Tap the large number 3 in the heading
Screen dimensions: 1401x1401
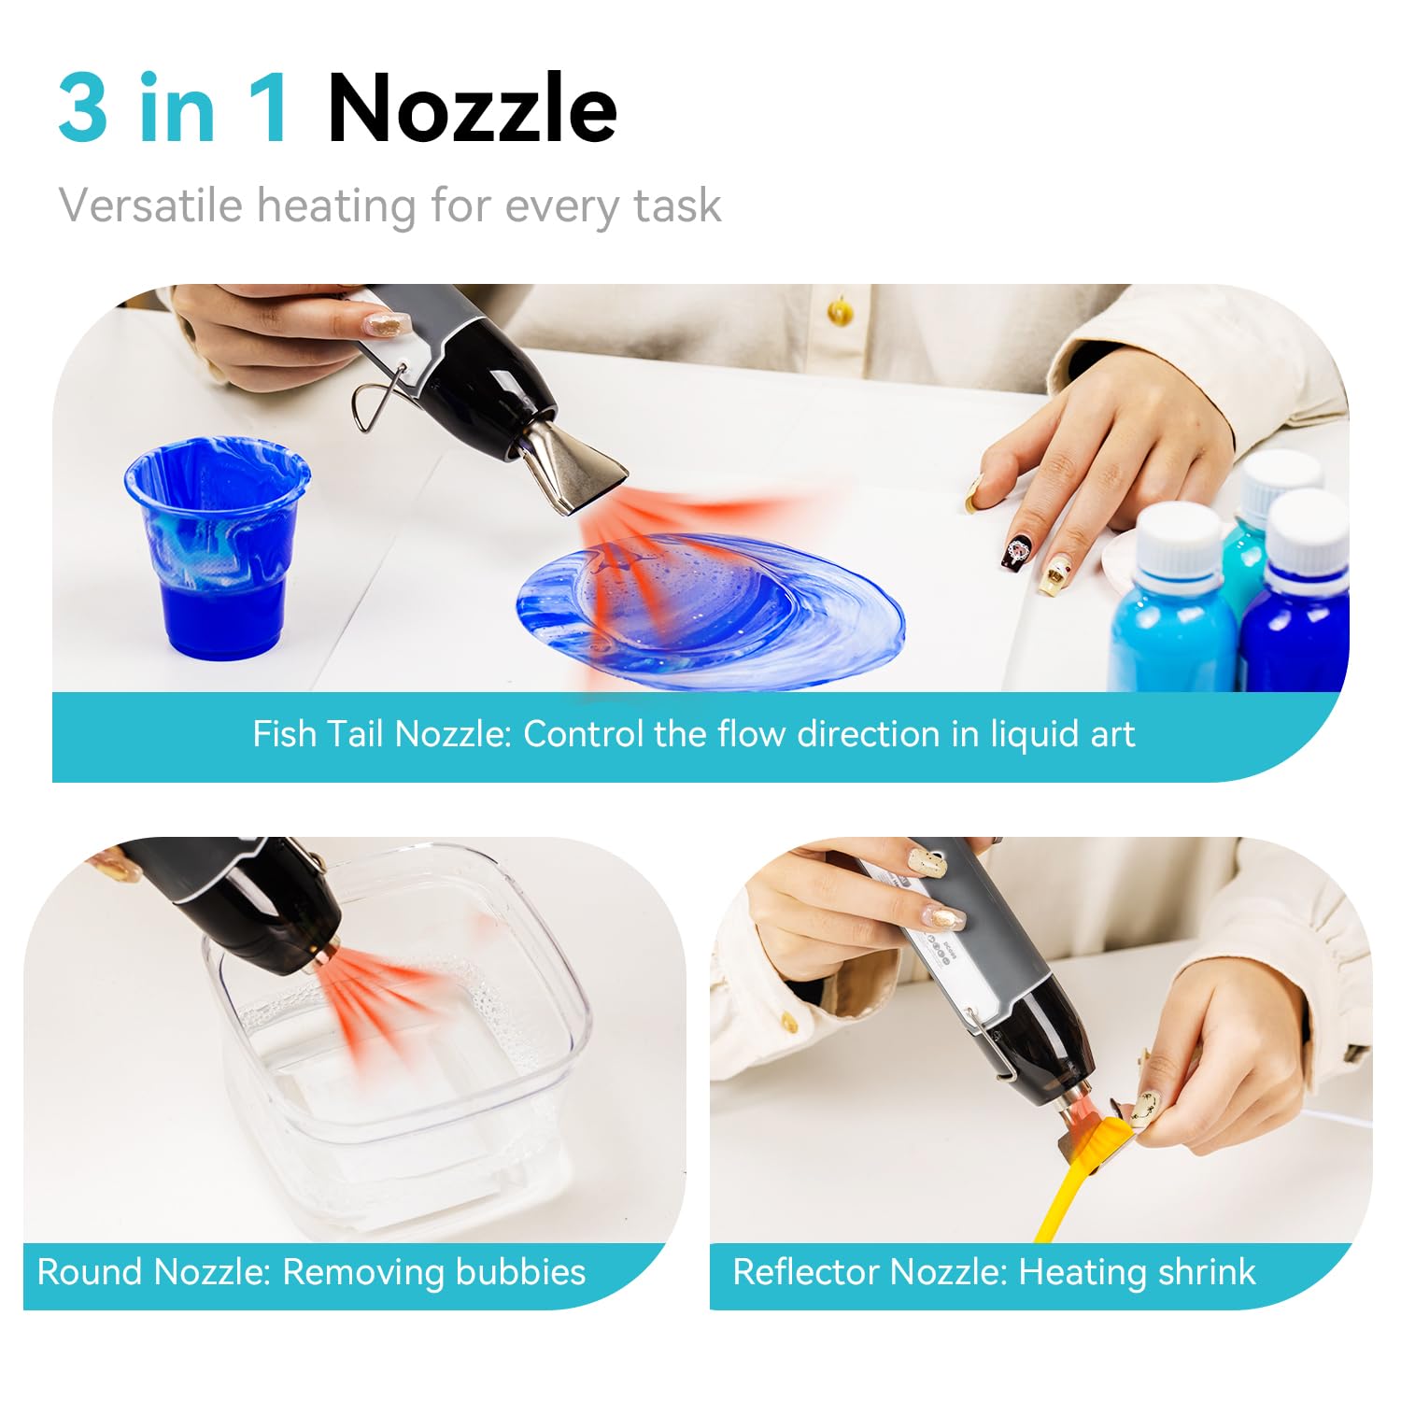coord(84,108)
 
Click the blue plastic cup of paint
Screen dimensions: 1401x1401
coord(217,546)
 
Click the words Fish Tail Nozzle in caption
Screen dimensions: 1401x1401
coord(382,734)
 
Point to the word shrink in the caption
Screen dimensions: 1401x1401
coord(1206,1272)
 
